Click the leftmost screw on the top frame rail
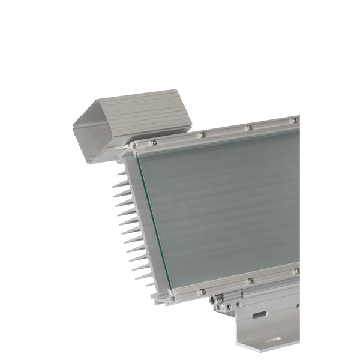pyautogui.click(x=154, y=142)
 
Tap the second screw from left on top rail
pyautogui.click(x=202, y=134)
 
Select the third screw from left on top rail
pyautogui.click(x=249, y=127)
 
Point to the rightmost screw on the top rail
pyautogui.click(x=295, y=121)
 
